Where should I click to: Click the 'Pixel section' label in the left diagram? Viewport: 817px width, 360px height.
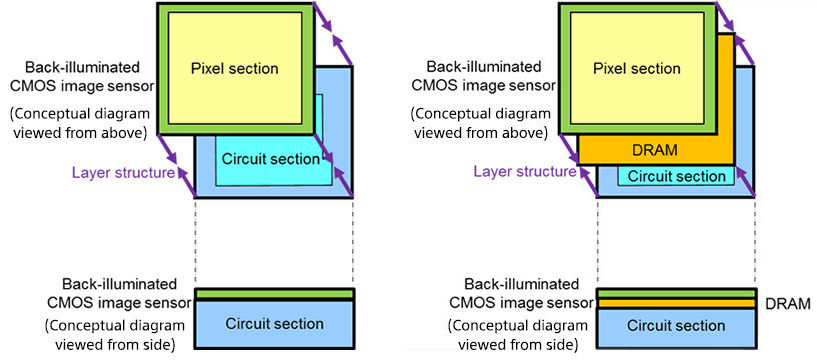pyautogui.click(x=234, y=69)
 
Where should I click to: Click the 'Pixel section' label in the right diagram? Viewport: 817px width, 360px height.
pyautogui.click(x=637, y=69)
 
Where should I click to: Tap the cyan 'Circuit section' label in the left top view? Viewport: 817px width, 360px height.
pyautogui.click(x=270, y=159)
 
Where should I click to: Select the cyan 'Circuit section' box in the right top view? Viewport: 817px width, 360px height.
pyautogui.click(x=676, y=176)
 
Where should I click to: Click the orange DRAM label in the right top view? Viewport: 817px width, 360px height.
pyautogui.click(x=655, y=151)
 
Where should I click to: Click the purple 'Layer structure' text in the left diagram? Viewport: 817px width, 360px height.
pyautogui.click(x=123, y=172)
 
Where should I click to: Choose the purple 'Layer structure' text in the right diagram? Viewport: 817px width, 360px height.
pyautogui.click(x=525, y=171)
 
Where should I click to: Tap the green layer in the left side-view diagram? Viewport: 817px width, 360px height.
pyautogui.click(x=274, y=294)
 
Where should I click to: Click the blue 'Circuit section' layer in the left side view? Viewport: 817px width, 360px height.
pyautogui.click(x=274, y=324)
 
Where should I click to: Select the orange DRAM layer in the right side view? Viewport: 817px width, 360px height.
pyautogui.click(x=676, y=303)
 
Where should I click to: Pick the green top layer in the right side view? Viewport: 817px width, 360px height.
pyautogui.click(x=676, y=293)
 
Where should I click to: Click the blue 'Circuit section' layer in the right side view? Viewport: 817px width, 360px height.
pyautogui.click(x=676, y=328)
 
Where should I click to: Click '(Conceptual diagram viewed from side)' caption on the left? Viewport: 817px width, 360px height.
pyautogui.click(x=115, y=335)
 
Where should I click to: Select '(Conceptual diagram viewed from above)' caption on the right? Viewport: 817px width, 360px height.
pyautogui.click(x=481, y=123)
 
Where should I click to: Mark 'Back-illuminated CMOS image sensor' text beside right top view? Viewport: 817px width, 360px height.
pyautogui.click(x=484, y=76)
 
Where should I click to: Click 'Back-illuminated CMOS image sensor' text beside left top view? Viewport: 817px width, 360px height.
pyautogui.click(x=82, y=76)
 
